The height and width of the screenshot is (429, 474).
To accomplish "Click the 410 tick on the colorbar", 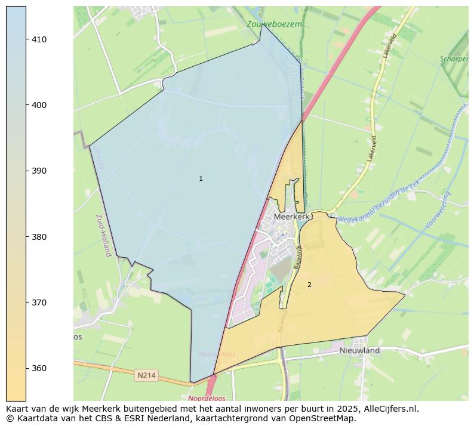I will coord(39,39).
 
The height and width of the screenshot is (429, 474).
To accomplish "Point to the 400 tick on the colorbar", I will coord(39,105).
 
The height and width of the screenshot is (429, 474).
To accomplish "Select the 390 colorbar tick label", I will coord(39,171).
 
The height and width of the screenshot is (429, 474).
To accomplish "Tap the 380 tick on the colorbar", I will coord(39,237).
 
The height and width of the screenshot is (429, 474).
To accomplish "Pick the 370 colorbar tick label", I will coord(39,303).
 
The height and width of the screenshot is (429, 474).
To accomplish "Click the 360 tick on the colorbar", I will coord(39,368).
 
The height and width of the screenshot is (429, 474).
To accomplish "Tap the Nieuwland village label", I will coord(359,351).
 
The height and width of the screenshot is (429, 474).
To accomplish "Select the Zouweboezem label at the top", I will coord(274,24).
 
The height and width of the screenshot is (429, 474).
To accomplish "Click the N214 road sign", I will coord(146,375).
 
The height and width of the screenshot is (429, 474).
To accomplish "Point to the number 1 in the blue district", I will coord(201,179).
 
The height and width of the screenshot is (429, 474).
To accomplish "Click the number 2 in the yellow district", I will coord(309,285).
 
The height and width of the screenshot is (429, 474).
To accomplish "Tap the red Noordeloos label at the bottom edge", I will coord(206,398).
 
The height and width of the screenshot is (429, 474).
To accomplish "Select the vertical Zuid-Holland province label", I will coord(101,236).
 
